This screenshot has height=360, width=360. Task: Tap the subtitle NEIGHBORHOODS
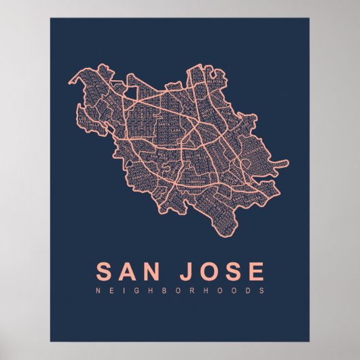[x=180, y=291]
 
